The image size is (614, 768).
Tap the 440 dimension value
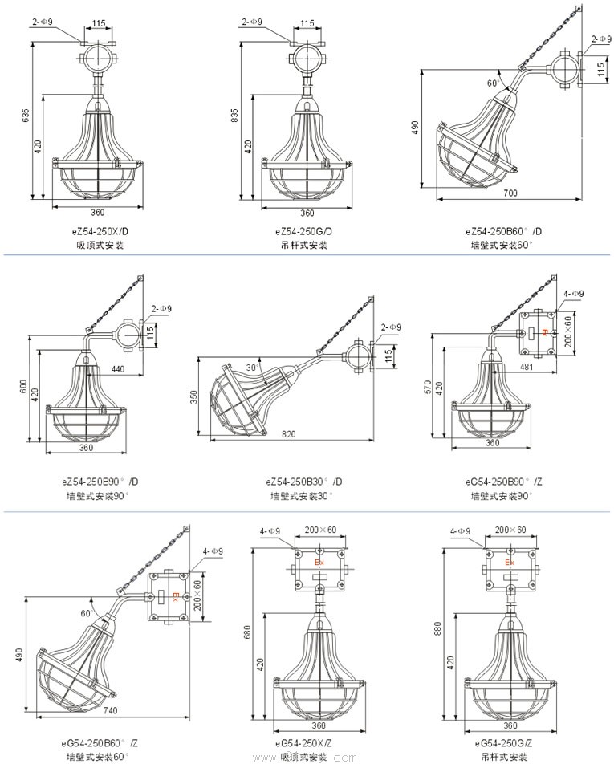(118, 369)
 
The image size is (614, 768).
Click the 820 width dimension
(289, 434)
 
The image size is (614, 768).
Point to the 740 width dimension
(110, 711)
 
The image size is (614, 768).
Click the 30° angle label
(252, 368)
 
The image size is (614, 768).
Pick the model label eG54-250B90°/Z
(503, 482)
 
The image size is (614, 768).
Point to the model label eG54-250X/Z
(306, 743)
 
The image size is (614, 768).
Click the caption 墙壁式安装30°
(302, 496)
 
